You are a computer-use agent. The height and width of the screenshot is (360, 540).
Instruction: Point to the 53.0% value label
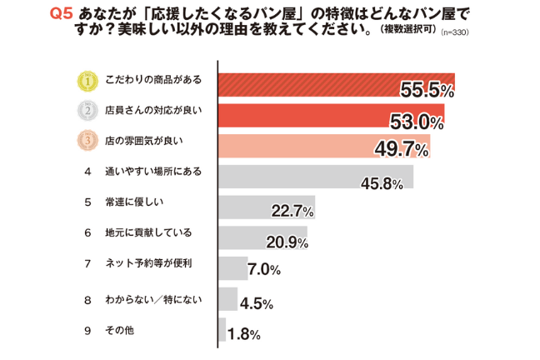[417, 122]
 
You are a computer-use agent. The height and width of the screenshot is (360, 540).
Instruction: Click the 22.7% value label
[292, 212]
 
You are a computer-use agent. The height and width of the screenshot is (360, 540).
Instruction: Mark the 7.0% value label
[262, 271]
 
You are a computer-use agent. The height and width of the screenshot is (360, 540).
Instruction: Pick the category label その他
[120, 330]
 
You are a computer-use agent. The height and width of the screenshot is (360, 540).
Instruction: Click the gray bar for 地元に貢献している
[262, 237]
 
